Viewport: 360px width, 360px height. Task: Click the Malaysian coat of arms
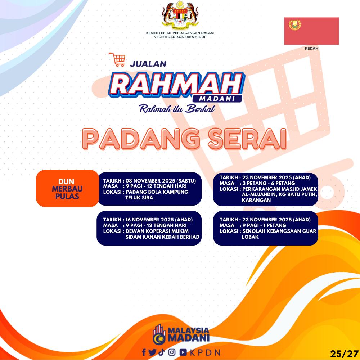coord(180,14)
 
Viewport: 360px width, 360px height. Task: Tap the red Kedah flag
coord(311,31)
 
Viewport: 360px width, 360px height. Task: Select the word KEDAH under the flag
coord(311,48)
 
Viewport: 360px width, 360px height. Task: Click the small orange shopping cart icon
coord(117,59)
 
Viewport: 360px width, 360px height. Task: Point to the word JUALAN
coord(148,64)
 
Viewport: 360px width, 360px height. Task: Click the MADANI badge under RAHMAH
coord(217,99)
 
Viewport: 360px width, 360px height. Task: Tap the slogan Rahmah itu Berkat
coord(177,109)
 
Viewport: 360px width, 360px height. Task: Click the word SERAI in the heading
coord(247,139)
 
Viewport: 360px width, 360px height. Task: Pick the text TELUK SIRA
coord(139,198)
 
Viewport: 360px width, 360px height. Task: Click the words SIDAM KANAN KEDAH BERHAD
coord(162,237)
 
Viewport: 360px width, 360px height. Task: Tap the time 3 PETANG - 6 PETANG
coord(269,183)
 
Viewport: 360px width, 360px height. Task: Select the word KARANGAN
coord(256,200)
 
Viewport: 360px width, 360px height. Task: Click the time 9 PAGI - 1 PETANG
coord(264,225)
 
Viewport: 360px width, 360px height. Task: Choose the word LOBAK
coord(250,237)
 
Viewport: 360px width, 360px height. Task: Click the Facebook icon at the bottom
coord(144,352)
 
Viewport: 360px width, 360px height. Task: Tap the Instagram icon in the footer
coord(172,352)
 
